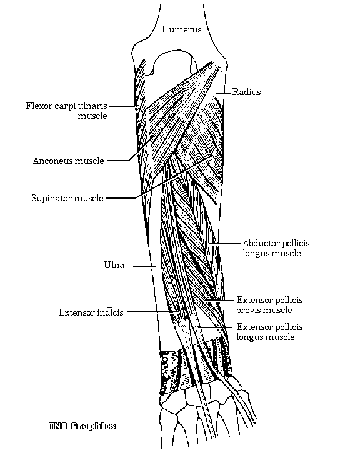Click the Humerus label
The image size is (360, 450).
coord(181,29)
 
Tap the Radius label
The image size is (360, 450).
coord(247,92)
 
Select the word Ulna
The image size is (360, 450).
coord(114,265)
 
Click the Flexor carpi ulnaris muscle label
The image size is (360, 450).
coord(67,111)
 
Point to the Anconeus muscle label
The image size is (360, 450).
coord(68,161)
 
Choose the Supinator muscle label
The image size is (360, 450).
coord(67,198)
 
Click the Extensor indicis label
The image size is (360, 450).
coord(91,312)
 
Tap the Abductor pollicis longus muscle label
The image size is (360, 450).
coord(276,248)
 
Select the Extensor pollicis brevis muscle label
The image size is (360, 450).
coord(269,305)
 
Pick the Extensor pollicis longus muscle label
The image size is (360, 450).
coord(269,332)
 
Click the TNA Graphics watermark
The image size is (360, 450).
coord(82,426)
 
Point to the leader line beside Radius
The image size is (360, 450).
coord(223,92)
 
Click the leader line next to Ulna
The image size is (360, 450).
coord(144,267)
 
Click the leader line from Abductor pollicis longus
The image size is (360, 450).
coord(225,244)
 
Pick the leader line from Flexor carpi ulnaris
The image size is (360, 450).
coord(122,106)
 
